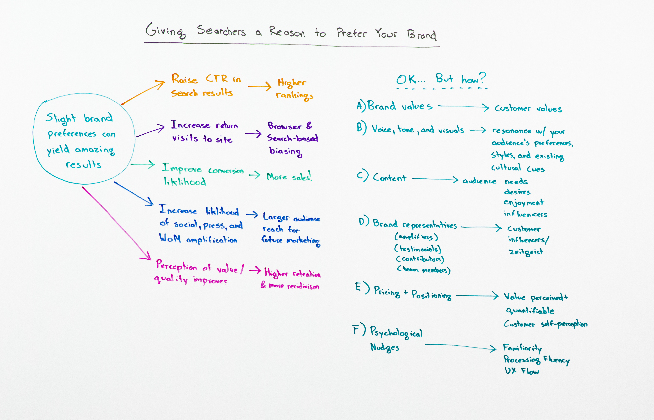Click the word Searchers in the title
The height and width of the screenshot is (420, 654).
click(x=221, y=31)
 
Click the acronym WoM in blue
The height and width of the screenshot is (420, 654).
click(x=170, y=238)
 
